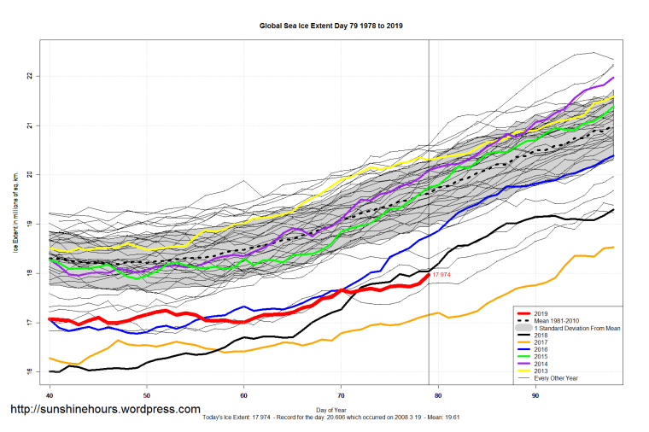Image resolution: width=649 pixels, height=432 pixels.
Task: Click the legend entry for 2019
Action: tap(541, 314)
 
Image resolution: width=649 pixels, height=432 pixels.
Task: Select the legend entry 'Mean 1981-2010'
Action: tap(554, 321)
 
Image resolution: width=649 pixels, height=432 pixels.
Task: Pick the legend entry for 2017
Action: tap(541, 342)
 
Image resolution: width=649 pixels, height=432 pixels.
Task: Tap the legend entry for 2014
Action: tap(541, 364)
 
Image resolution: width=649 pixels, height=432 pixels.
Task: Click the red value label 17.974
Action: tap(442, 275)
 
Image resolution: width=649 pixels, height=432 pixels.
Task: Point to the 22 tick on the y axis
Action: tap(29, 76)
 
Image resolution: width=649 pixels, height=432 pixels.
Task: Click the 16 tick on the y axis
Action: tap(29, 371)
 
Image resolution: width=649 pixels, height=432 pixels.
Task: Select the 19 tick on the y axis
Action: tap(29, 224)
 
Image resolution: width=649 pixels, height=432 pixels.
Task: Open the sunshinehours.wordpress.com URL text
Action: tap(105, 410)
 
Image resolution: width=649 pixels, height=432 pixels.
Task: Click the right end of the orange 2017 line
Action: tap(613, 248)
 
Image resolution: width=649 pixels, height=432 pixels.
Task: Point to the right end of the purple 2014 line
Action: tap(613, 78)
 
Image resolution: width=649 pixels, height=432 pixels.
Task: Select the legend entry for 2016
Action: tap(541, 349)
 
